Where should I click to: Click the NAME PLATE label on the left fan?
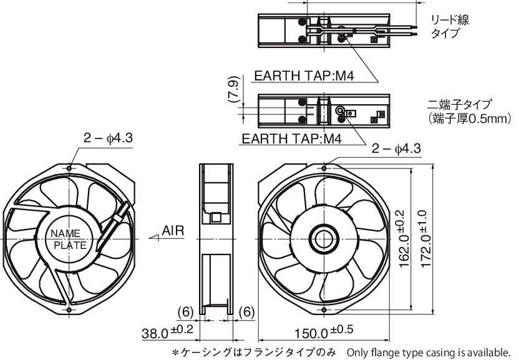[x=69, y=239]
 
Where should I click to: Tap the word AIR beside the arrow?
[x=173, y=231]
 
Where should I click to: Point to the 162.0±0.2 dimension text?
[x=404, y=240]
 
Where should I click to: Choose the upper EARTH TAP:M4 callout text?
[x=304, y=76]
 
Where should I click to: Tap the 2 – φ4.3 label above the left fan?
[x=109, y=138]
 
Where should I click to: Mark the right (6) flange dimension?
[x=246, y=311]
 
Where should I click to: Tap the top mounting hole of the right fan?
[x=326, y=167]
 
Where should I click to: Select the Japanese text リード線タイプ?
[x=449, y=27]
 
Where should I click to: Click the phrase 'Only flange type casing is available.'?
[x=429, y=352]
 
